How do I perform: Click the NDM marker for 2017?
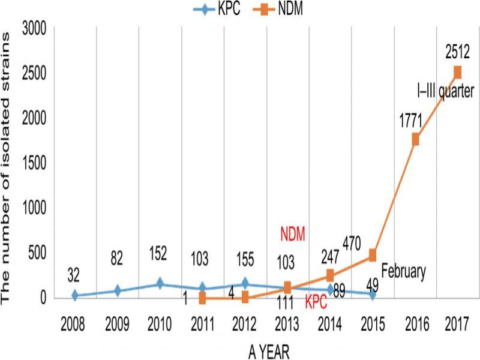pyautogui.click(x=457, y=72)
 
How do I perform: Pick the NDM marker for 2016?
pyautogui.click(x=415, y=139)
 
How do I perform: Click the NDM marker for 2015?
pyautogui.click(x=373, y=255)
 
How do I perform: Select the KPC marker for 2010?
pyautogui.click(x=160, y=284)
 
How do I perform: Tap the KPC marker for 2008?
pyautogui.click(x=74, y=295)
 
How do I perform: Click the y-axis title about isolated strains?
pyautogui.click(x=10, y=162)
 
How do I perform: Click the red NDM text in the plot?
pyautogui.click(x=294, y=232)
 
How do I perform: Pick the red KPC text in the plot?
pyautogui.click(x=316, y=302)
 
